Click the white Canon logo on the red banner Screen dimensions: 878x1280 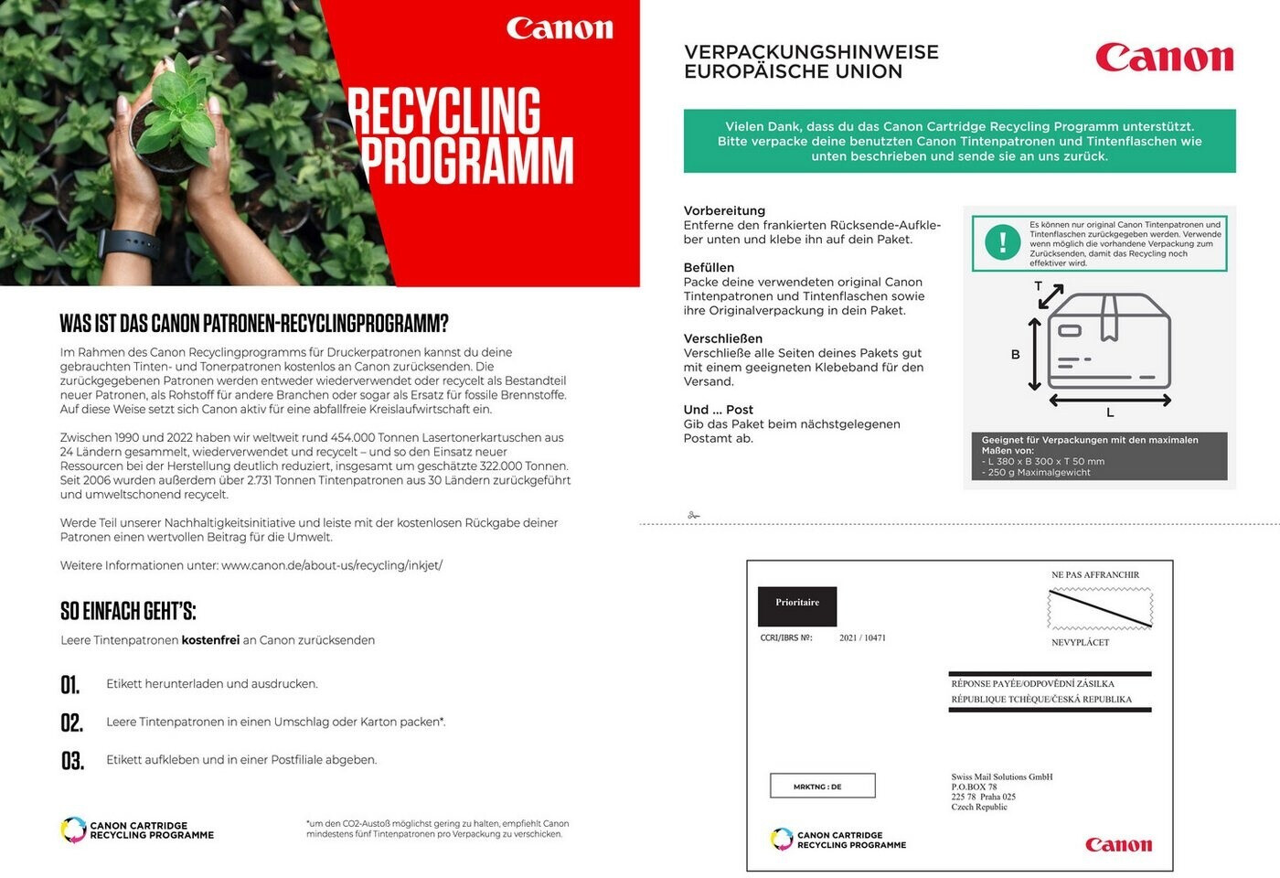pyautogui.click(x=560, y=28)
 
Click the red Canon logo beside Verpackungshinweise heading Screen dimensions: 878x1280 pyautogui.click(x=1164, y=58)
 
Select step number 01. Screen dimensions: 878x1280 pyautogui.click(x=70, y=685)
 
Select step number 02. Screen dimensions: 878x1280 pyautogui.click(x=71, y=723)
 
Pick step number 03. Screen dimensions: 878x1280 pyautogui.click(x=72, y=761)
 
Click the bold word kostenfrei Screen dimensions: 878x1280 pyautogui.click(x=210, y=640)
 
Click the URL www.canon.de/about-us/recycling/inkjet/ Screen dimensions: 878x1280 pyautogui.click(x=332, y=565)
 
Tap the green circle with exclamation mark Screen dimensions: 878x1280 pyautogui.click(x=1003, y=242)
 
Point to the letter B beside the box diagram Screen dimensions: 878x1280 pyautogui.click(x=1015, y=355)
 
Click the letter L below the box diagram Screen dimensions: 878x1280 pyautogui.click(x=1110, y=413)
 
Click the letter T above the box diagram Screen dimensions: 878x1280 pyautogui.click(x=1039, y=286)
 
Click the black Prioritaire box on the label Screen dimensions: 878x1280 pyautogui.click(x=797, y=605)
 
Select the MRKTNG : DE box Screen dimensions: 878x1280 pyautogui.click(x=822, y=786)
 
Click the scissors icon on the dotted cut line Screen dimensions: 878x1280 pyautogui.click(x=694, y=516)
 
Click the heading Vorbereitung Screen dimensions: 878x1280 pyautogui.click(x=724, y=210)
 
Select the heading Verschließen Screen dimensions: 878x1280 pyautogui.click(x=723, y=338)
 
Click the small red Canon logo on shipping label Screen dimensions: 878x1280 pyautogui.click(x=1118, y=845)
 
